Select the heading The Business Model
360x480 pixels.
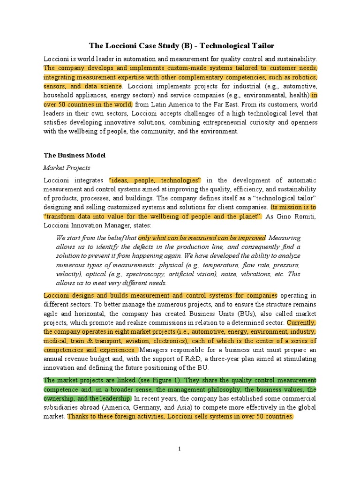[75, 155]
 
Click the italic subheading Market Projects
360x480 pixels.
[67, 167]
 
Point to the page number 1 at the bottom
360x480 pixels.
[180, 449]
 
